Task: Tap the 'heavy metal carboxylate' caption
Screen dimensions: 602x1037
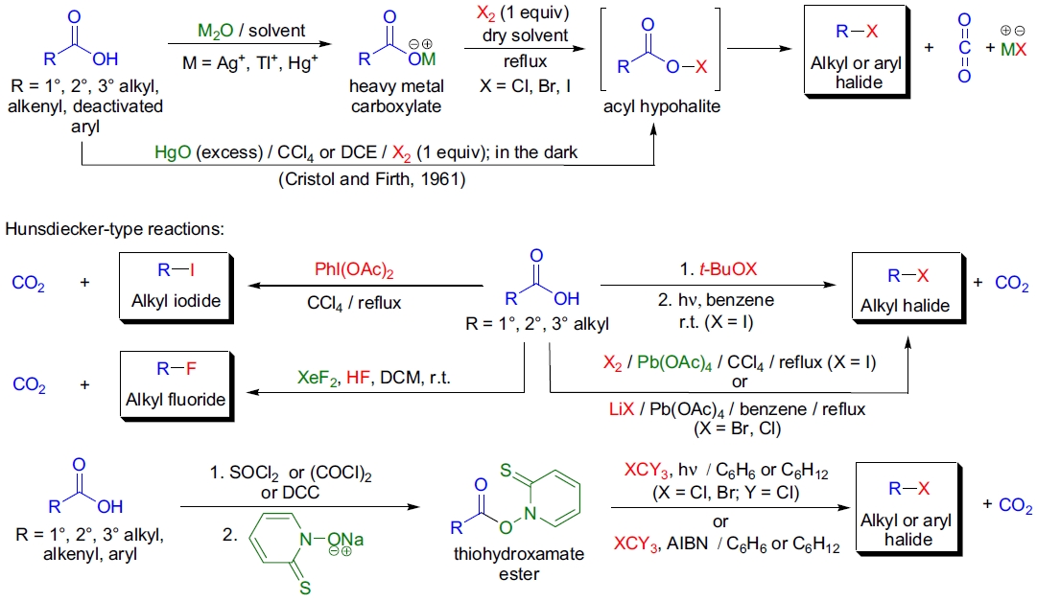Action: [x=396, y=96]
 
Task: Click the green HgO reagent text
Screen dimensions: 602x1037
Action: [x=173, y=153]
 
